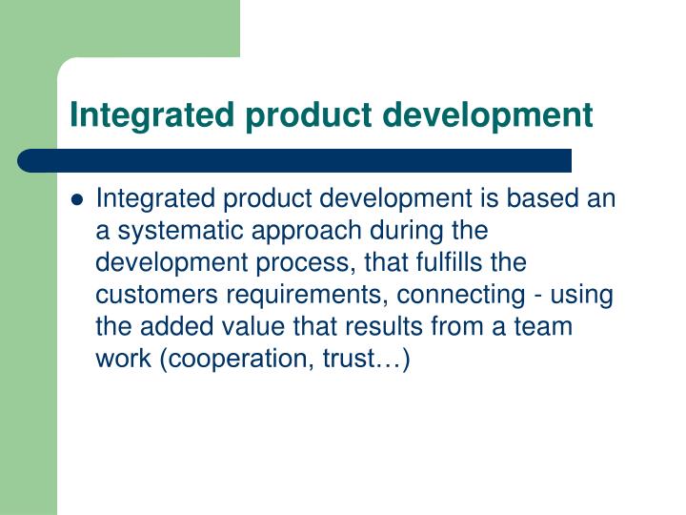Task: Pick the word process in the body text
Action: coord(302,262)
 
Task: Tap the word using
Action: coord(581,294)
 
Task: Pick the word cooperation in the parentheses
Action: coord(221,359)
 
